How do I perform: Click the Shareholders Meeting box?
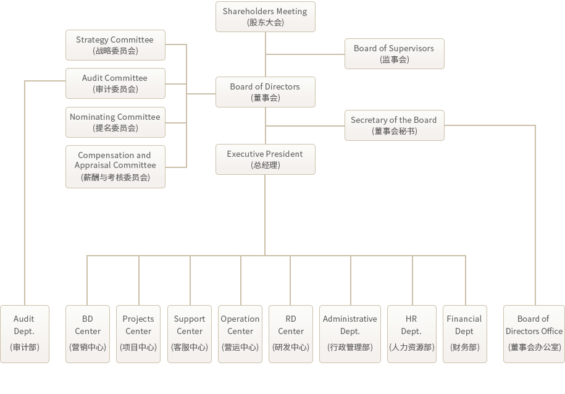[x=265, y=17]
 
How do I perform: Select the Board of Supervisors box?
[x=394, y=54]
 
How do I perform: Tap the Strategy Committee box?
[x=115, y=45]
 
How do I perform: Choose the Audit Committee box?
[x=115, y=83]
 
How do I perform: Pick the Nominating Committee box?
[x=115, y=122]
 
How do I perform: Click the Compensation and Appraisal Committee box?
[x=115, y=167]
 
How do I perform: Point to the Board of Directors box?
[x=265, y=92]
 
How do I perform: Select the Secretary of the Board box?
[x=394, y=125]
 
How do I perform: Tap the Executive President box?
[x=265, y=159]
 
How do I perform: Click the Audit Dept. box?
[x=25, y=334]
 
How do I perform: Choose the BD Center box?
[x=88, y=334]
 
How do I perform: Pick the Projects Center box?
[x=138, y=334]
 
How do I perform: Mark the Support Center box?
[x=190, y=334]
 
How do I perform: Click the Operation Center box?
[x=240, y=334]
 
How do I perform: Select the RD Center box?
[x=291, y=334]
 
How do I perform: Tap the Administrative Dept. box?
[x=350, y=334]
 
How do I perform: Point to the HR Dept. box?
[x=411, y=334]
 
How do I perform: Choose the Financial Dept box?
[x=465, y=334]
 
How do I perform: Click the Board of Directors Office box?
[x=534, y=334]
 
